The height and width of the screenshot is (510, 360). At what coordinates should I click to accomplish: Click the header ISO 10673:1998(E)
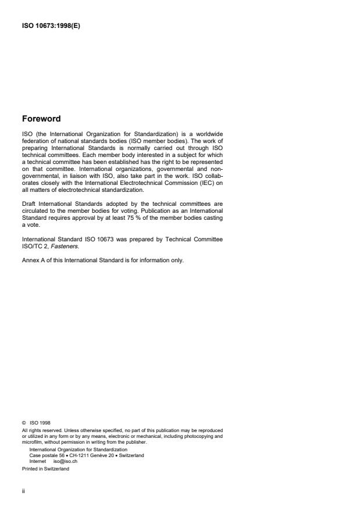click(x=51, y=25)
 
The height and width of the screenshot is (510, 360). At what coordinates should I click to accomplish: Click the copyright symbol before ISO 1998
click(x=24, y=423)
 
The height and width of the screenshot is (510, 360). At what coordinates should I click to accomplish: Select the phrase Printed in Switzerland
click(x=45, y=469)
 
